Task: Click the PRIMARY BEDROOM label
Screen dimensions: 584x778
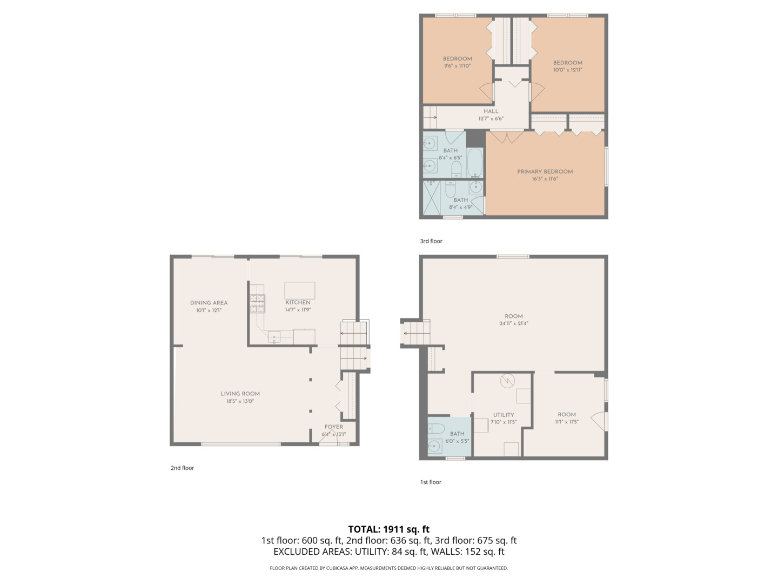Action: (545, 171)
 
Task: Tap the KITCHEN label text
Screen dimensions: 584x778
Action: (298, 302)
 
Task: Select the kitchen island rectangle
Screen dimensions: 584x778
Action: (299, 290)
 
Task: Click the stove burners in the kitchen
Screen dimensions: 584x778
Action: (257, 303)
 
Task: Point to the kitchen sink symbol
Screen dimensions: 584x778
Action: (274, 338)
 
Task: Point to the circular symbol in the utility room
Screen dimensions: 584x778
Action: (507, 381)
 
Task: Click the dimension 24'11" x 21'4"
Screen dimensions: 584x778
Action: (513, 323)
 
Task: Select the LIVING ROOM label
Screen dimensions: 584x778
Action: (240, 394)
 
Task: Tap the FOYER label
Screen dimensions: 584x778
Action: (333, 427)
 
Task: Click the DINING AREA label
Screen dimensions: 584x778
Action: (209, 303)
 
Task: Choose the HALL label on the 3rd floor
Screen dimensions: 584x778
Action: (491, 111)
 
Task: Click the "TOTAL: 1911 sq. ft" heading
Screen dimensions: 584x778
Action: (388, 529)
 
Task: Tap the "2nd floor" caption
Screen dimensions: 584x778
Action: (182, 468)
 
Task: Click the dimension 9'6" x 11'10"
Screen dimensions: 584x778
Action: (457, 66)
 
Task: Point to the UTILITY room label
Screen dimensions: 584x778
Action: (503, 415)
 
